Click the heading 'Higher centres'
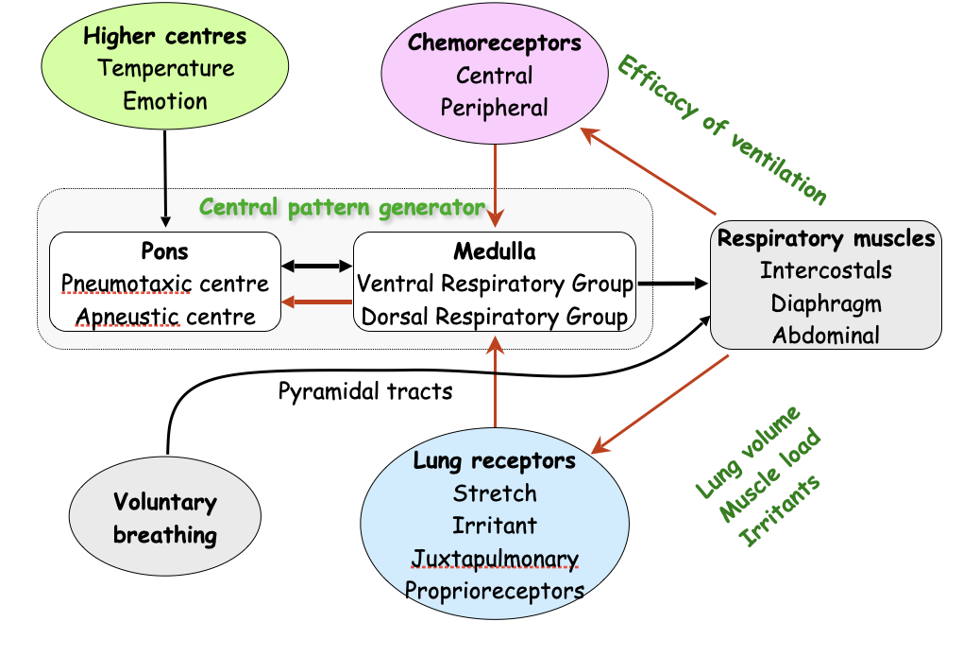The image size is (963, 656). coord(164,37)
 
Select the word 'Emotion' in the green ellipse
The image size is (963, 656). coord(164,100)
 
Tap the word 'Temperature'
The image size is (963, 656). coord(165,69)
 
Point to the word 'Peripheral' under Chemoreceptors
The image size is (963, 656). coord(494,107)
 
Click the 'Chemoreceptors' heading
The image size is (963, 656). coord(494,43)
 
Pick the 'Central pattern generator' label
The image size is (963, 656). coord(342,207)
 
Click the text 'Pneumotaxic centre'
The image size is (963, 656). coord(165,284)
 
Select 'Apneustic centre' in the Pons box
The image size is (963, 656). coord(166,316)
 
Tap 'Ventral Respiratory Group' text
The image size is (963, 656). coord(494,283)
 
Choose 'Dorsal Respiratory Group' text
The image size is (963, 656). coord(494,316)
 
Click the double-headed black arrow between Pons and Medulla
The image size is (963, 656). coord(317,268)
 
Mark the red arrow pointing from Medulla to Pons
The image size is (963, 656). coord(317,302)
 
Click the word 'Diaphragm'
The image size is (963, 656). coord(825,303)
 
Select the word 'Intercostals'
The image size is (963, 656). coord(825,271)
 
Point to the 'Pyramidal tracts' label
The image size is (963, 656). coord(365,390)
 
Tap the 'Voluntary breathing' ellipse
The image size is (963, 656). coord(165,518)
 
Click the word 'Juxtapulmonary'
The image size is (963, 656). coord(495,558)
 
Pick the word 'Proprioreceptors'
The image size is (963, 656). coord(495,591)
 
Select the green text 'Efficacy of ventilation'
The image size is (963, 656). coord(721,129)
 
